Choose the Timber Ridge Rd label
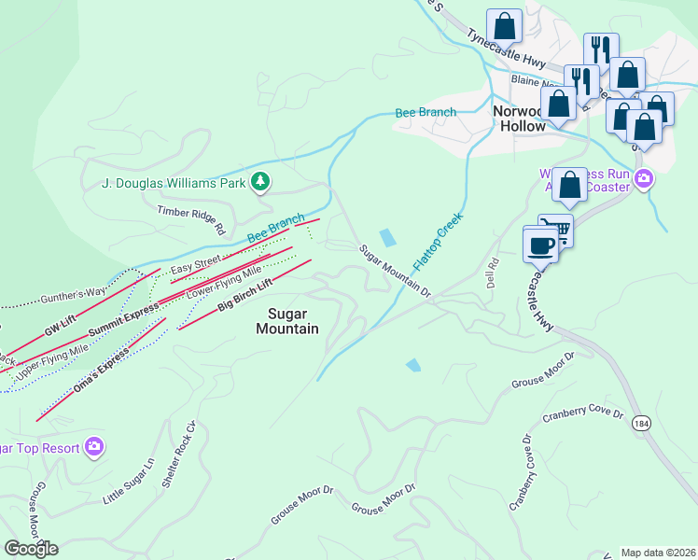pos(191,221)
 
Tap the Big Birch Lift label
pos(244,294)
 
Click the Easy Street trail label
pos(195,264)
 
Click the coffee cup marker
pos(541,245)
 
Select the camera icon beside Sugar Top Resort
pos(93,447)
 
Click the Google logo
pos(31,549)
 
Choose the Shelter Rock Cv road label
pos(180,455)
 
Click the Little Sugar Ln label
pos(129,482)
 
